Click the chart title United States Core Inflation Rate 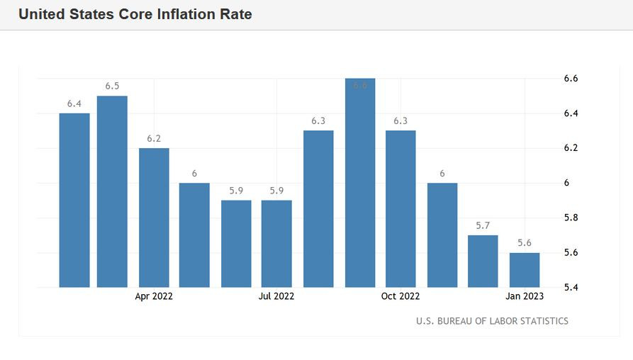(x=135, y=14)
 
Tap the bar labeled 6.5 (x=112, y=191)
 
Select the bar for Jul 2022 (x=276, y=244)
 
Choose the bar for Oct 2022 (x=400, y=208)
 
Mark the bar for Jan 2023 (x=525, y=270)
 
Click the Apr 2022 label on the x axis (x=154, y=296)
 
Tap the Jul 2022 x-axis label (x=276, y=296)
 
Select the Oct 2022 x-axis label (x=400, y=296)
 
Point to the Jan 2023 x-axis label (x=525, y=296)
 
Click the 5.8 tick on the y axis (x=571, y=218)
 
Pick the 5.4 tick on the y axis (x=571, y=288)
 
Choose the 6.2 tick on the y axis (x=571, y=148)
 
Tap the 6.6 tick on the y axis (x=571, y=79)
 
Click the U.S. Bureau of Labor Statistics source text (x=492, y=321)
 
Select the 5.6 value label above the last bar (x=525, y=243)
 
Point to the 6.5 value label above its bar (x=112, y=86)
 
